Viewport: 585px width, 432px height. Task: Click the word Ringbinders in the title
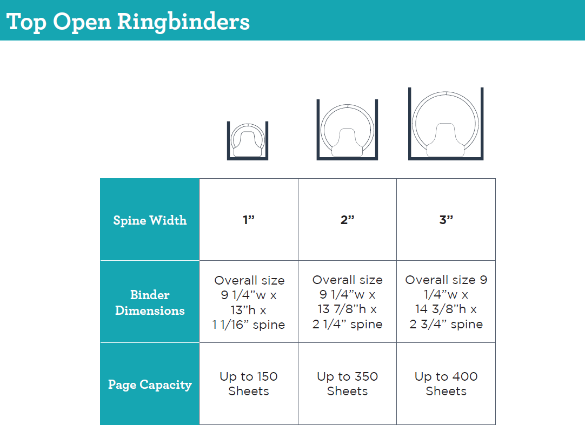pyautogui.click(x=183, y=22)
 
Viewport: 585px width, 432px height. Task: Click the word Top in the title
pyautogui.click(x=26, y=22)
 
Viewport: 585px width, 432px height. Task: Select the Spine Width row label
pyautogui.click(x=150, y=220)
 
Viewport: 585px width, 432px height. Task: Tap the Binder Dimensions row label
pyautogui.click(x=150, y=302)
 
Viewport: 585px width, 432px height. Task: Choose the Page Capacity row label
pyautogui.click(x=150, y=384)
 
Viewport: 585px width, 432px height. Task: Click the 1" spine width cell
pyautogui.click(x=249, y=220)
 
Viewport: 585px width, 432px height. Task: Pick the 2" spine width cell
pyautogui.click(x=347, y=220)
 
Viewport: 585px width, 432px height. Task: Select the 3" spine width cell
pyautogui.click(x=446, y=220)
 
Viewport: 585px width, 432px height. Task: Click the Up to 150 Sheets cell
pyautogui.click(x=249, y=383)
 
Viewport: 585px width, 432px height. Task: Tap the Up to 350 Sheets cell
pyautogui.click(x=347, y=383)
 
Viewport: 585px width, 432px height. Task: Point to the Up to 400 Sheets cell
pyautogui.click(x=446, y=383)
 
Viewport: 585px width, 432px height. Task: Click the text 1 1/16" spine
pyautogui.click(x=249, y=325)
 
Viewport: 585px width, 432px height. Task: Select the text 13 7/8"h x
pyautogui.click(x=347, y=309)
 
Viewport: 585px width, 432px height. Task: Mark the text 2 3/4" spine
pyautogui.click(x=446, y=325)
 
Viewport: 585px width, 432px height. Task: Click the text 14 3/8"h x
pyautogui.click(x=446, y=309)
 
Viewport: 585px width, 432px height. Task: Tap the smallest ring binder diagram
pyautogui.click(x=248, y=140)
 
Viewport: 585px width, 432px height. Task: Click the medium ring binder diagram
pyautogui.click(x=347, y=130)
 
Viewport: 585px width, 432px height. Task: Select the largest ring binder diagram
pyautogui.click(x=446, y=124)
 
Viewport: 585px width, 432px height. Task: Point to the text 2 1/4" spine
pyautogui.click(x=347, y=325)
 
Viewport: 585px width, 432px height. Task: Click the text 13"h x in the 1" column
pyautogui.click(x=249, y=310)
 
